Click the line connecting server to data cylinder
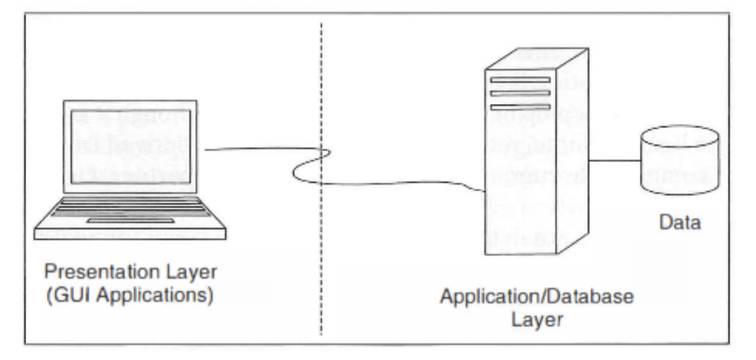click(613, 160)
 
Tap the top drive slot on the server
click(522, 81)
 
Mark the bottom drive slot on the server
click(522, 107)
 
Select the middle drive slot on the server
click(522, 93)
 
